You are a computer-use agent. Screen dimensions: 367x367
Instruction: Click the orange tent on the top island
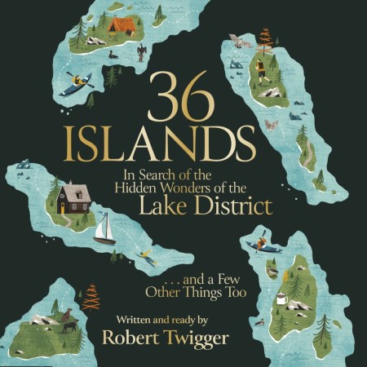coord(123,25)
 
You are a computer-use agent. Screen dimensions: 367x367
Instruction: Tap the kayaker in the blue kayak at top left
coord(78,81)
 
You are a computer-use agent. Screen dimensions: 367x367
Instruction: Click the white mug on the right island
coord(281,299)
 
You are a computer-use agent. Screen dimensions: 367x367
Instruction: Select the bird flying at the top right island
coord(239,41)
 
